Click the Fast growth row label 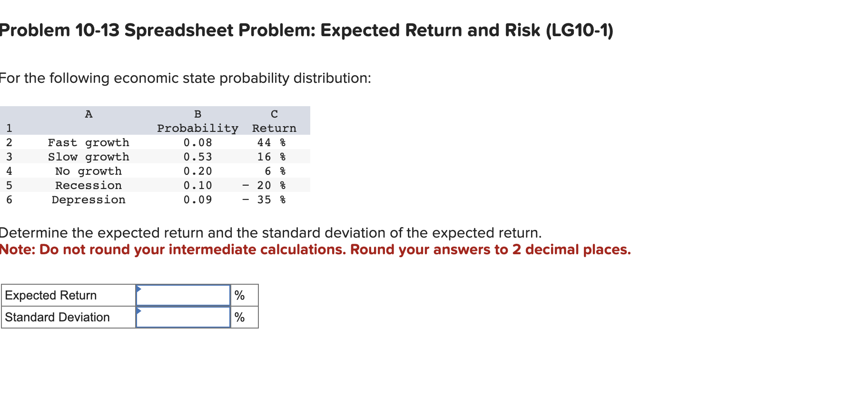pyautogui.click(x=89, y=143)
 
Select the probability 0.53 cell pyautogui.click(x=198, y=157)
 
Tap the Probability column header pyautogui.click(x=197, y=129)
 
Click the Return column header pyautogui.click(x=274, y=129)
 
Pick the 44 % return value pyautogui.click(x=271, y=143)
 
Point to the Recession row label pyautogui.click(x=89, y=186)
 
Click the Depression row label pyautogui.click(x=89, y=200)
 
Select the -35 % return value pyautogui.click(x=264, y=200)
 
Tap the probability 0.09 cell pyautogui.click(x=198, y=200)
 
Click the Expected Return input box pyautogui.click(x=183, y=296)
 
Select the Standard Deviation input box pyautogui.click(x=183, y=318)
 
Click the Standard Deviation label pyautogui.click(x=57, y=318)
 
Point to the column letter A pyautogui.click(x=89, y=114)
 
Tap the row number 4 pyautogui.click(x=9, y=171)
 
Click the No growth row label pyautogui.click(x=89, y=171)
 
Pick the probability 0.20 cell pyautogui.click(x=198, y=171)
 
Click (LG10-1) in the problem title pyautogui.click(x=580, y=30)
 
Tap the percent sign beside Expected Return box pyautogui.click(x=239, y=296)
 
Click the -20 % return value pyautogui.click(x=264, y=186)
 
